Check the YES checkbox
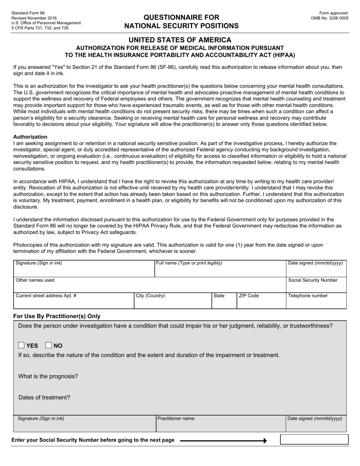(x=22, y=345)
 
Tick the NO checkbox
(x=49, y=345)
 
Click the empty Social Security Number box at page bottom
(x=314, y=439)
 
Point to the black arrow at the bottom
(x=224, y=441)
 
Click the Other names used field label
(x=35, y=280)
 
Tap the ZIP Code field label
(x=249, y=296)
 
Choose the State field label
(x=219, y=296)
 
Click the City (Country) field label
(x=150, y=296)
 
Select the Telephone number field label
(x=308, y=296)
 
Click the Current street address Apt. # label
(x=46, y=296)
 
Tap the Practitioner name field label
(x=176, y=418)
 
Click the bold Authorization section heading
(x=30, y=137)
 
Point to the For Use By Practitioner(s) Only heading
(x=57, y=316)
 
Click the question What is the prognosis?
(x=48, y=376)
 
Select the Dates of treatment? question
(x=44, y=397)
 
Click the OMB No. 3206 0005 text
(x=329, y=18)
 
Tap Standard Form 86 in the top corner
(x=28, y=13)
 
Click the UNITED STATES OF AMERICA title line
(x=180, y=40)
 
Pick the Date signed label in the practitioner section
(x=315, y=418)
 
